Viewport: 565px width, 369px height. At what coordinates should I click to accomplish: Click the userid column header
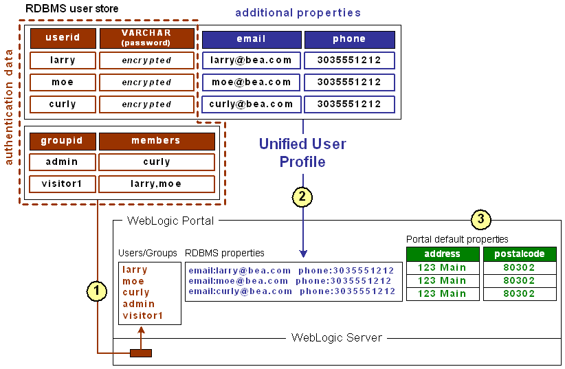pos(63,38)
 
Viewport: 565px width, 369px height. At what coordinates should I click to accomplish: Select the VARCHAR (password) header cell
pos(146,38)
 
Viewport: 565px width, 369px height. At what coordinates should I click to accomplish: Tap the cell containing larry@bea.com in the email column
pos(251,60)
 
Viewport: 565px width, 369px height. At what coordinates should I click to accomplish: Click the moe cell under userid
pos(63,82)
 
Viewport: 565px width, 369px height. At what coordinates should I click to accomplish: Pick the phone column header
pos(349,39)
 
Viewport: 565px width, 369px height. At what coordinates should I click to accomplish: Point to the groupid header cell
pos(61,141)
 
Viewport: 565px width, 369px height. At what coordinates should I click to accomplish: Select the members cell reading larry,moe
pos(156,184)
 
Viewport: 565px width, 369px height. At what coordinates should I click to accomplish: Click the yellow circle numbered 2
pos(302,197)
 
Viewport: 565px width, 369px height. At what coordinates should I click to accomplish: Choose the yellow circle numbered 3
pos(480,220)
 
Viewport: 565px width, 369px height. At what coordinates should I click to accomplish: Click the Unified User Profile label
pos(302,153)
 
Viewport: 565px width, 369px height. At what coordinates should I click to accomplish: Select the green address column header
pos(442,254)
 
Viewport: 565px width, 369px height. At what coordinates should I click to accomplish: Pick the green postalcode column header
pos(519,254)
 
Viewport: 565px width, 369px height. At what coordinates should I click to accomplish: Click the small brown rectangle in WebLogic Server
pos(140,353)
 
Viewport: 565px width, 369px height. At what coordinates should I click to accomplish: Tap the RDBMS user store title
pos(71,9)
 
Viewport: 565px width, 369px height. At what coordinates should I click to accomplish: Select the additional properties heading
pos(298,13)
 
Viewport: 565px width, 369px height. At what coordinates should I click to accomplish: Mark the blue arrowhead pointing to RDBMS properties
pos(303,254)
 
